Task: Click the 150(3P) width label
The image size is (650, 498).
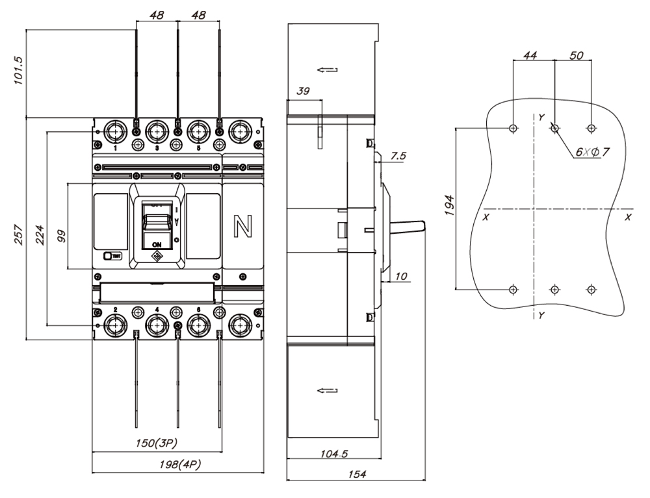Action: [x=155, y=443]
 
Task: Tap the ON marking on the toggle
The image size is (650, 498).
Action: [x=157, y=244]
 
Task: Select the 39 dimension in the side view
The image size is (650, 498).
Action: [x=304, y=93]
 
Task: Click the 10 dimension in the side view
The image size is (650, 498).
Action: [x=401, y=277]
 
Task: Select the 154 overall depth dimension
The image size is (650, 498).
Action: [x=356, y=475]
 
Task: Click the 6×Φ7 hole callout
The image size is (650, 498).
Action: [x=591, y=152]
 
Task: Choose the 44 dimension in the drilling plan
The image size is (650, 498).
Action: [x=530, y=56]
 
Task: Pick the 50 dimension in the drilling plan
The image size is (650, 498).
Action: [x=575, y=56]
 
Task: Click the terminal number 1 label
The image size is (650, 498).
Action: [x=116, y=148]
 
